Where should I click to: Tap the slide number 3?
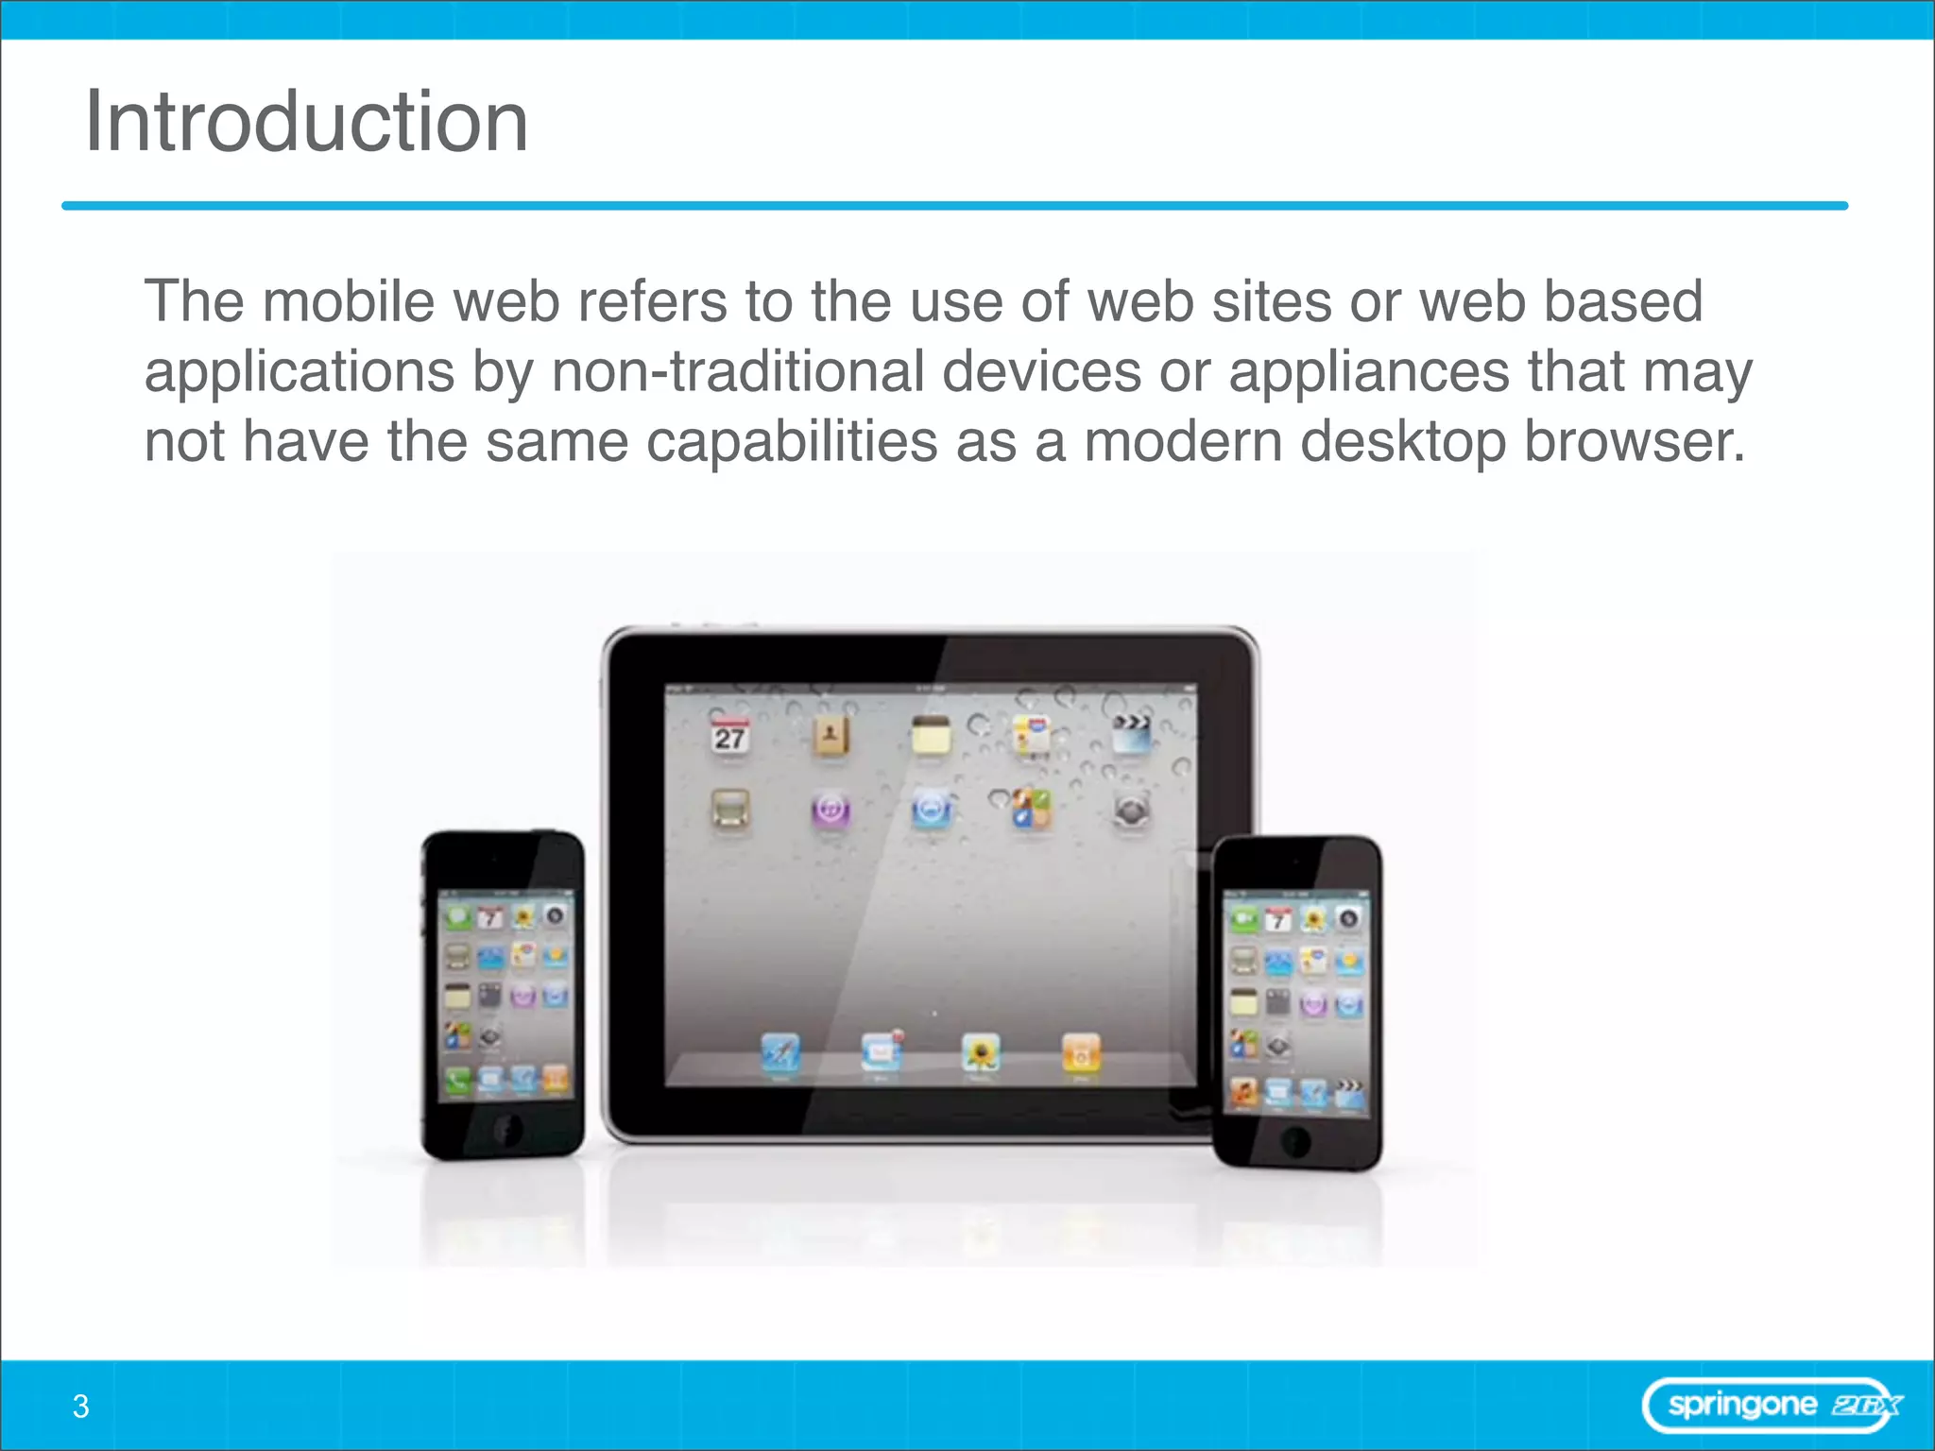[81, 1407]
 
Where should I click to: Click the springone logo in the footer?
[1772, 1406]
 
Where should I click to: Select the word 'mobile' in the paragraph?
[348, 301]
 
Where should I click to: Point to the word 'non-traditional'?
[737, 371]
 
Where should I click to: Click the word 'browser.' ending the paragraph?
[1635, 441]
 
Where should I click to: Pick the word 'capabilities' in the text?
[792, 441]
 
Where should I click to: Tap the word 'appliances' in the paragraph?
[1368, 371]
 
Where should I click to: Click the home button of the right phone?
[1296, 1142]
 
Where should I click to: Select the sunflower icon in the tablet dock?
[981, 1051]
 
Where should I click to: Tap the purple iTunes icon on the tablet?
[831, 810]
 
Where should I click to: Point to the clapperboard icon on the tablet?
[1131, 733]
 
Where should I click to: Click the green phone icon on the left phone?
[458, 1079]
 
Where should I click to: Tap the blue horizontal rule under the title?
[954, 205]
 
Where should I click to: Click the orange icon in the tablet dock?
[1081, 1051]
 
